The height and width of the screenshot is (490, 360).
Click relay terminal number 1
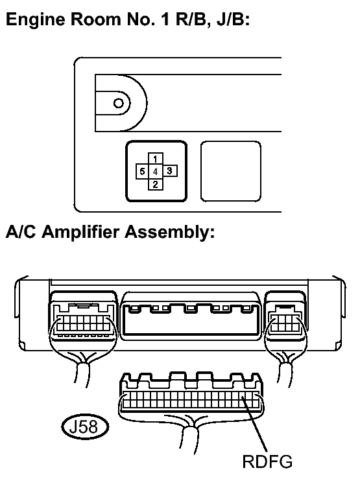pyautogui.click(x=155, y=159)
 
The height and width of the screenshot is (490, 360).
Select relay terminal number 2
pyautogui.click(x=155, y=184)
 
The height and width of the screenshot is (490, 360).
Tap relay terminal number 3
pyautogui.click(x=170, y=171)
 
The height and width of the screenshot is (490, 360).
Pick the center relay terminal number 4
pyautogui.click(x=155, y=172)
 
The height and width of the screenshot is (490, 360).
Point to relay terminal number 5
pyautogui.click(x=142, y=172)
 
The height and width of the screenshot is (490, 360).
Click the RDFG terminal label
pyautogui.click(x=267, y=461)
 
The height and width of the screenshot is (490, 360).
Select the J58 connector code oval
pyautogui.click(x=85, y=426)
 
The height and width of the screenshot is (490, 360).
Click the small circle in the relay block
pyautogui.click(x=119, y=103)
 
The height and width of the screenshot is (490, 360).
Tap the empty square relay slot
pyautogui.click(x=231, y=171)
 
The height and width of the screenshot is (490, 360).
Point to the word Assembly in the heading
pyautogui.click(x=169, y=232)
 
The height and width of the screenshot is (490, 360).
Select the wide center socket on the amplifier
pyautogui.click(x=191, y=316)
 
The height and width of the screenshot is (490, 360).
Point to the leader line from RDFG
pyautogui.click(x=255, y=425)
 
